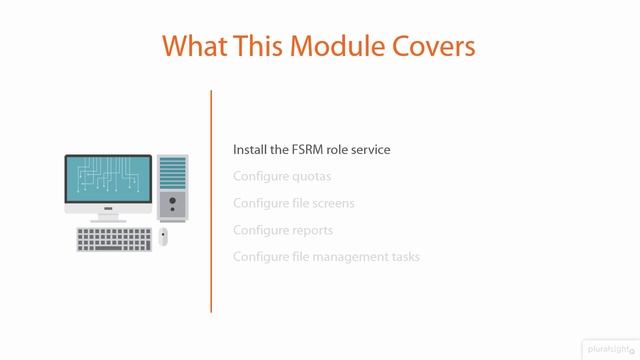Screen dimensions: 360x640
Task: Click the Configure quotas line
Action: pyautogui.click(x=282, y=176)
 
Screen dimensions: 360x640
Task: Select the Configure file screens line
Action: pyautogui.click(x=294, y=203)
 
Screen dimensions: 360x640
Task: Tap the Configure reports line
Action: pyautogui.click(x=283, y=230)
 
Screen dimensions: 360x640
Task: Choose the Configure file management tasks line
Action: pyautogui.click(x=326, y=257)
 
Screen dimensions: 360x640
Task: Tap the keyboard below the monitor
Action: pyautogui.click(x=114, y=239)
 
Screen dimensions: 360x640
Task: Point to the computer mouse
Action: pyautogui.click(x=163, y=237)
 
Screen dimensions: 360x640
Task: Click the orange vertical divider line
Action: pyautogui.click(x=211, y=200)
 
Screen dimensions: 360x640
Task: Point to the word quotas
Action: pyautogui.click(x=311, y=176)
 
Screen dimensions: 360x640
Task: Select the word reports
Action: pyautogui.click(x=312, y=230)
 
